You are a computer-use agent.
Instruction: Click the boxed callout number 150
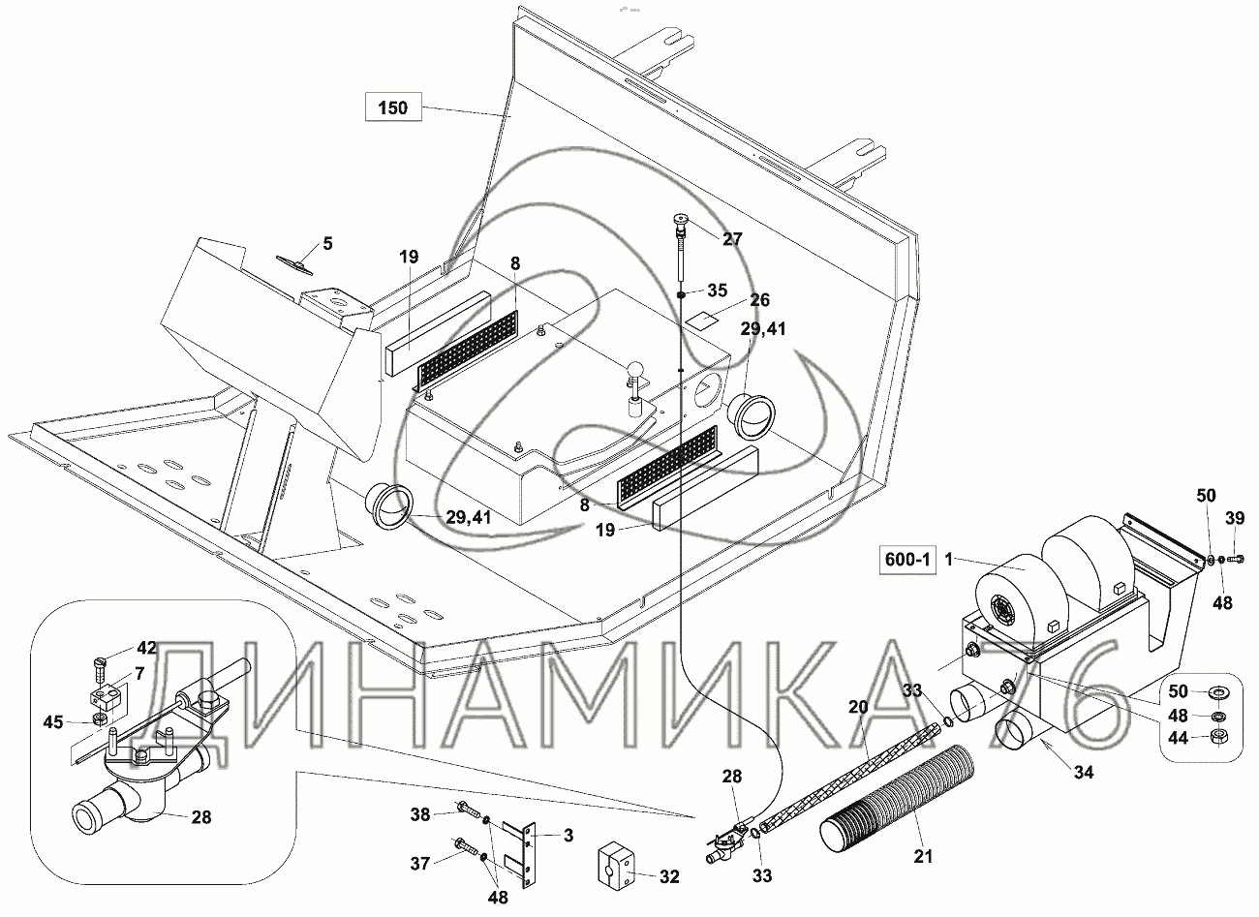click(393, 107)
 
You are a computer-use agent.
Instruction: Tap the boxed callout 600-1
click(908, 561)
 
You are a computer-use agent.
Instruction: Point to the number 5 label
click(327, 243)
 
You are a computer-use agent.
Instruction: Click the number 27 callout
click(734, 238)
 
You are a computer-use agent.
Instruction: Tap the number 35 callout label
click(717, 290)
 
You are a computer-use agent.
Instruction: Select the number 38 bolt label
click(418, 815)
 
